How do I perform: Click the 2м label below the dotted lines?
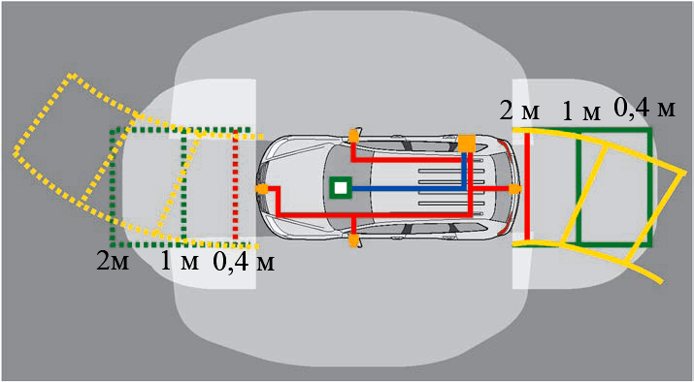114,263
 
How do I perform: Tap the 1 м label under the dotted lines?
180,263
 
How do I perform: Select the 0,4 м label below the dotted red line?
244,263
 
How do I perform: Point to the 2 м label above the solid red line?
519,111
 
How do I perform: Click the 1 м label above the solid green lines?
581,112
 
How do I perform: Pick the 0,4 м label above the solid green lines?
644,109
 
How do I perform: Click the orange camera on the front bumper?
262,189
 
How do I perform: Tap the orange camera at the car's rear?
514,189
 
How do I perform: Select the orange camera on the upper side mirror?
353,136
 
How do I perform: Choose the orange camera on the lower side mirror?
353,241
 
